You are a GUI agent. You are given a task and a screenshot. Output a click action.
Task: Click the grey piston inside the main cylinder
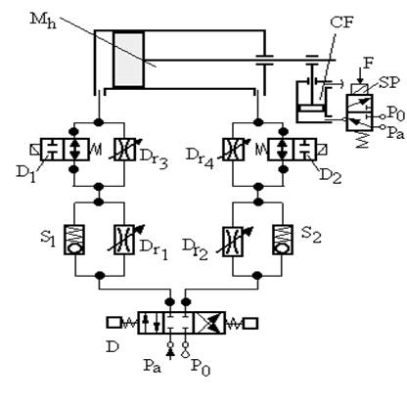pos(128,60)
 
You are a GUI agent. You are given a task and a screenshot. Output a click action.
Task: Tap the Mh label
pos(43,21)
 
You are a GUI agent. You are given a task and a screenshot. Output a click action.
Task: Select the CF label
pos(341,22)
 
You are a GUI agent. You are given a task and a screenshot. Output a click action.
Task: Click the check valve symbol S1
pos(74,240)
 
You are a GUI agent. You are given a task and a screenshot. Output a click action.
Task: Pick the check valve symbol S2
pos(283,240)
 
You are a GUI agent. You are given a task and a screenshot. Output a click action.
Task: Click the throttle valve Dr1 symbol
pos(124,240)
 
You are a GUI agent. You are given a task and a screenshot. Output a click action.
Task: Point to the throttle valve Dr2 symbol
pos(233,242)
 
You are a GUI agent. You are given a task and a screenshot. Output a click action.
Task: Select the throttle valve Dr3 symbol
pos(124,150)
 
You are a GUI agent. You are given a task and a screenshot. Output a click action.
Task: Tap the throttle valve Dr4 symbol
pos(234,150)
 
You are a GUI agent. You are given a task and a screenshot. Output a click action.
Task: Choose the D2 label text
pos(330,177)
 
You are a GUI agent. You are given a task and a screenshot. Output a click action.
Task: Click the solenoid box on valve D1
pos(34,150)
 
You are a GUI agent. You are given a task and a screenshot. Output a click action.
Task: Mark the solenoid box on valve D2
pos(322,150)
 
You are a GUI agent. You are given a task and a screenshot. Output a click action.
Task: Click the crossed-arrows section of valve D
pos(209,323)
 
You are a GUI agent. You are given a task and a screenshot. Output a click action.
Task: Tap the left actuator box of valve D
pos(113,323)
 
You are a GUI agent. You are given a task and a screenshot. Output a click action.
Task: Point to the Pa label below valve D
pos(153,366)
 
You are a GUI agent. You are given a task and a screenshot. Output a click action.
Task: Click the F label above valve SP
pos(368,64)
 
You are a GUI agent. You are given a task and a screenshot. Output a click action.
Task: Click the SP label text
pos(389,83)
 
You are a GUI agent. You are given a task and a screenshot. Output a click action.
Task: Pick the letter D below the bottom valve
pos(113,347)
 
